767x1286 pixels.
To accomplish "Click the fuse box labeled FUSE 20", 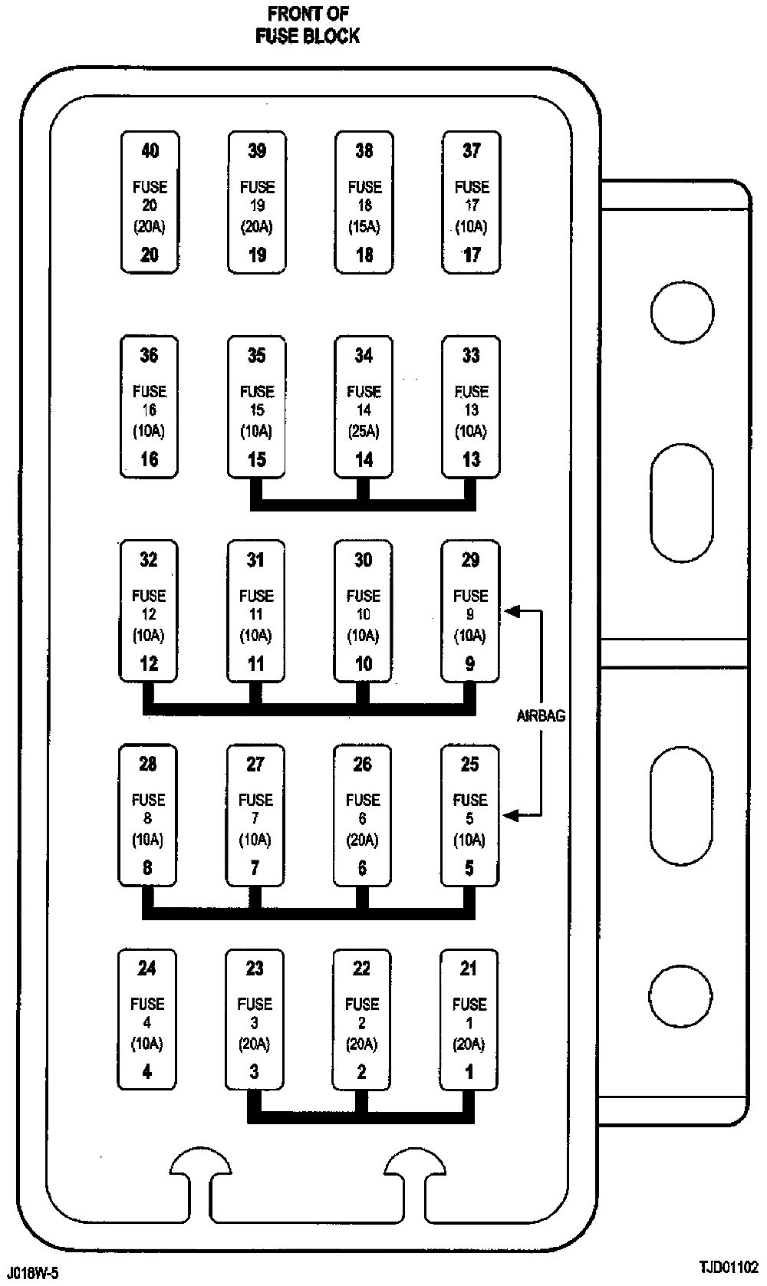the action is (150, 202).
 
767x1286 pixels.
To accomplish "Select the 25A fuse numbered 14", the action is (364, 406).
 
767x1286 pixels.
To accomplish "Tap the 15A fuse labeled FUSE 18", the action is (364, 202).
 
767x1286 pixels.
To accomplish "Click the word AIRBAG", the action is (541, 715).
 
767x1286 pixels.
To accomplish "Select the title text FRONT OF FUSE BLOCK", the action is (308, 25).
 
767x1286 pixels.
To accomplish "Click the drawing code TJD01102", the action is (728, 1267).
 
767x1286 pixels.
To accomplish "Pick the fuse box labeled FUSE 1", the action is (469, 1020).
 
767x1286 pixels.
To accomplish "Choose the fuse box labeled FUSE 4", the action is (146, 1020).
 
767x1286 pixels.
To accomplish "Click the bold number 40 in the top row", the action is (150, 150).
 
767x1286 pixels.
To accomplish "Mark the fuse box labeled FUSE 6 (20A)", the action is (362, 815).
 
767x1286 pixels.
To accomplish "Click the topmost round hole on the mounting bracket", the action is (682, 312).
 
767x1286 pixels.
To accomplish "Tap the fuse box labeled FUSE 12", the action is (149, 611).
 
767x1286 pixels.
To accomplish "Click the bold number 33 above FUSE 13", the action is (471, 355).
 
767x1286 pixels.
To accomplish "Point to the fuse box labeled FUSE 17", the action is (471, 202).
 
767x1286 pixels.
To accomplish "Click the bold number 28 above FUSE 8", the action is (148, 764).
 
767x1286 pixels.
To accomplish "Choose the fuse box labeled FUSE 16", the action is (150, 406).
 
